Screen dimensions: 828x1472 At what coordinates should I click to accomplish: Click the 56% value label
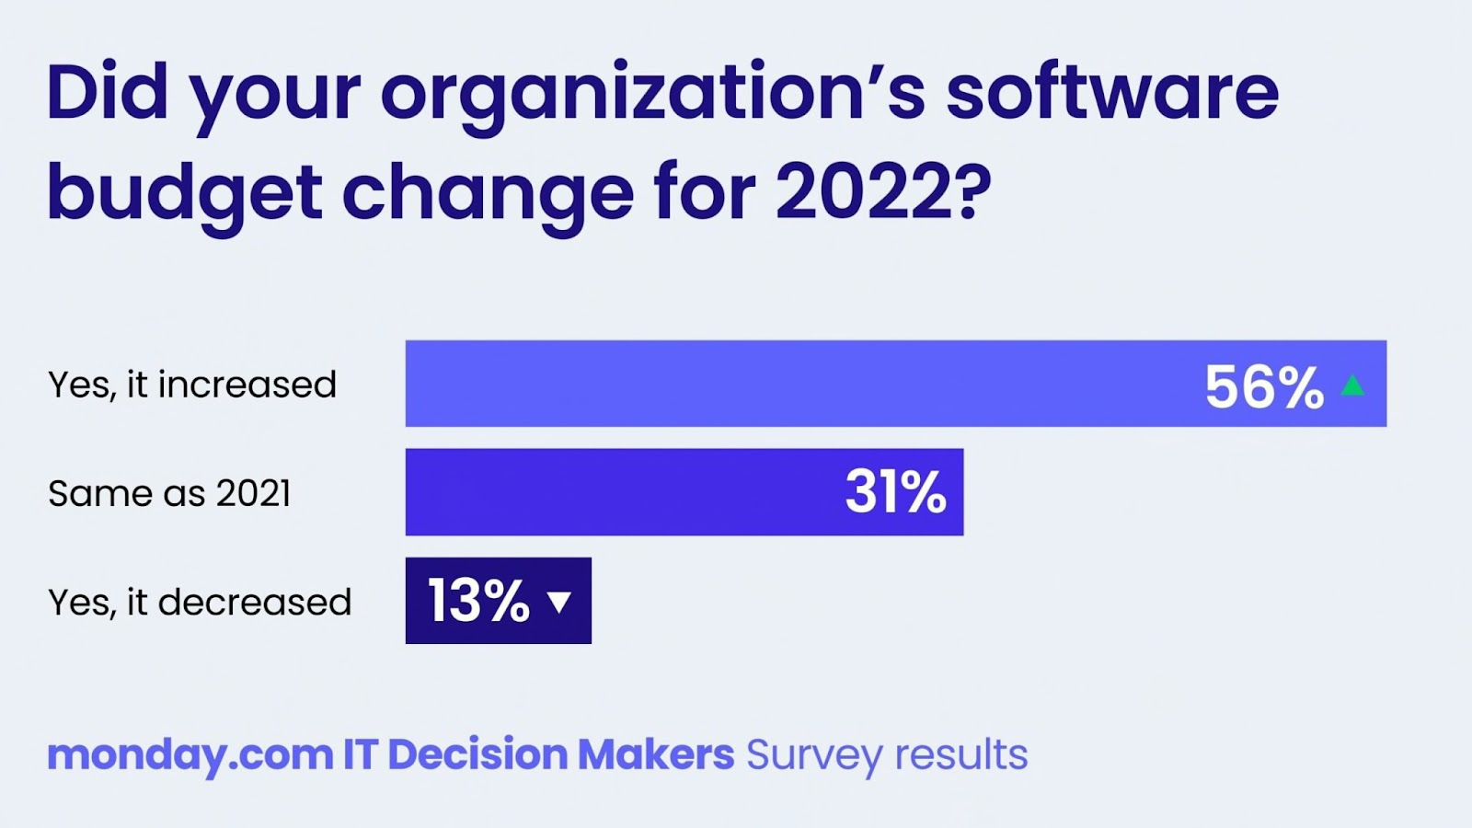tap(1264, 386)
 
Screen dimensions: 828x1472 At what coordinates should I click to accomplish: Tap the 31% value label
tap(895, 491)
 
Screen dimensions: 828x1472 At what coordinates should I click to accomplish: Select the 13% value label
tap(478, 601)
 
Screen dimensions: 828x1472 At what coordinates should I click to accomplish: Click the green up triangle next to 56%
tap(1352, 385)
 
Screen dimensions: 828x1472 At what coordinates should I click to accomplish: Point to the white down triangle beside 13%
tap(559, 602)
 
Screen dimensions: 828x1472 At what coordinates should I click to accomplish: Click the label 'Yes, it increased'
tap(192, 385)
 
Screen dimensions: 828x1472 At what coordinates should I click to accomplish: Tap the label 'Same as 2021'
tap(169, 493)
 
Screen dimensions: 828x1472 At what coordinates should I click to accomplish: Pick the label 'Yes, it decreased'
tap(200, 603)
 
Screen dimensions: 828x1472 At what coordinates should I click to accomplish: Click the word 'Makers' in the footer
tap(655, 754)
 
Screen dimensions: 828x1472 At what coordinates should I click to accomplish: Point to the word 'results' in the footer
tap(961, 754)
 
